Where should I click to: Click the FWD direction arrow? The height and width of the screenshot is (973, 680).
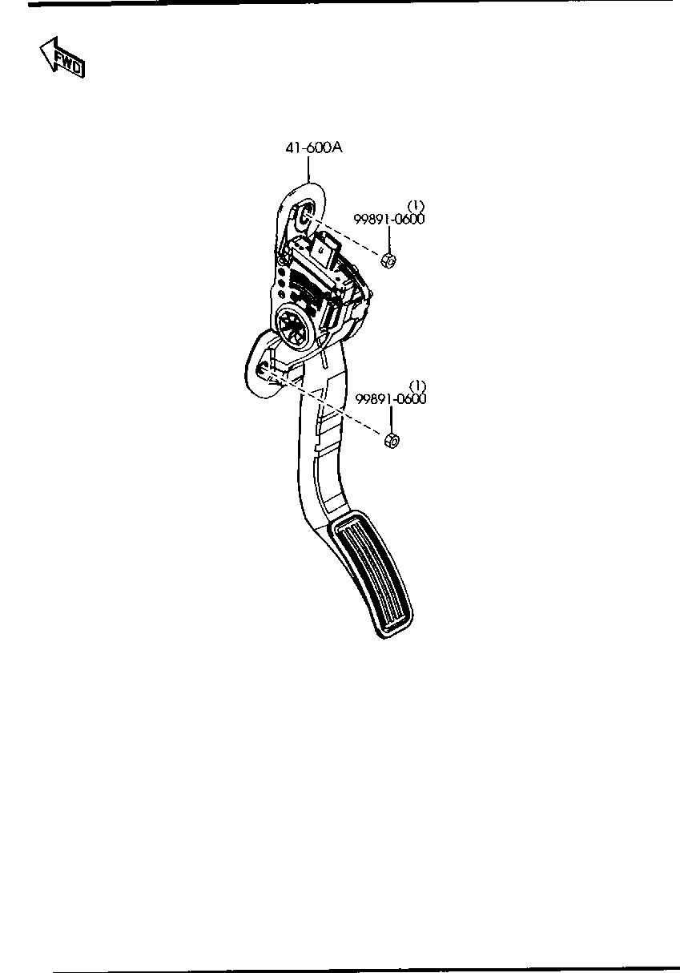(x=62, y=59)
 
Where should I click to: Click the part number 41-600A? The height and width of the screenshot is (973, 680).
(x=314, y=148)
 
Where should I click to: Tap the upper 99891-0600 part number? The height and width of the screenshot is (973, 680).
(x=388, y=220)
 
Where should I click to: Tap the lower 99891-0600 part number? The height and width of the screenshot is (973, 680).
(x=391, y=399)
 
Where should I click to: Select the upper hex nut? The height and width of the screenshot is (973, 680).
(x=388, y=260)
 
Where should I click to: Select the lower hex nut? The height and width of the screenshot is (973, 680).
(x=392, y=441)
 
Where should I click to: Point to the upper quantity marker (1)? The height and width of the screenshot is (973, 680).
(x=416, y=206)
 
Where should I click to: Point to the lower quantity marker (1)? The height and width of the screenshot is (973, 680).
(x=418, y=386)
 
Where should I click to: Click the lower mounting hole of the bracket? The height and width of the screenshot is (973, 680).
(x=262, y=370)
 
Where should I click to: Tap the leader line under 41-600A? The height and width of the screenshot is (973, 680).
(x=308, y=169)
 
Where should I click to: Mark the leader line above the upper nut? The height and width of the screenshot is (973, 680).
(x=388, y=240)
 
